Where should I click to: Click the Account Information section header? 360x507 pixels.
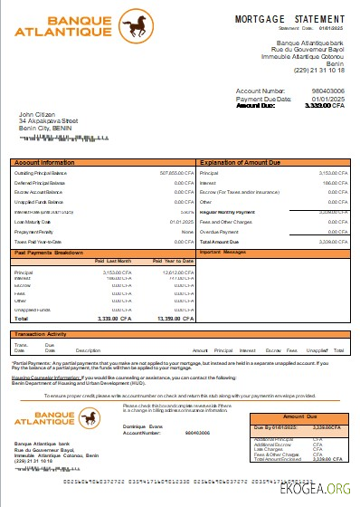(45, 162)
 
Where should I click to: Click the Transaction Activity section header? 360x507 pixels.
(46, 334)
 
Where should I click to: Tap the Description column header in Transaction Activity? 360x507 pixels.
(88, 349)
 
